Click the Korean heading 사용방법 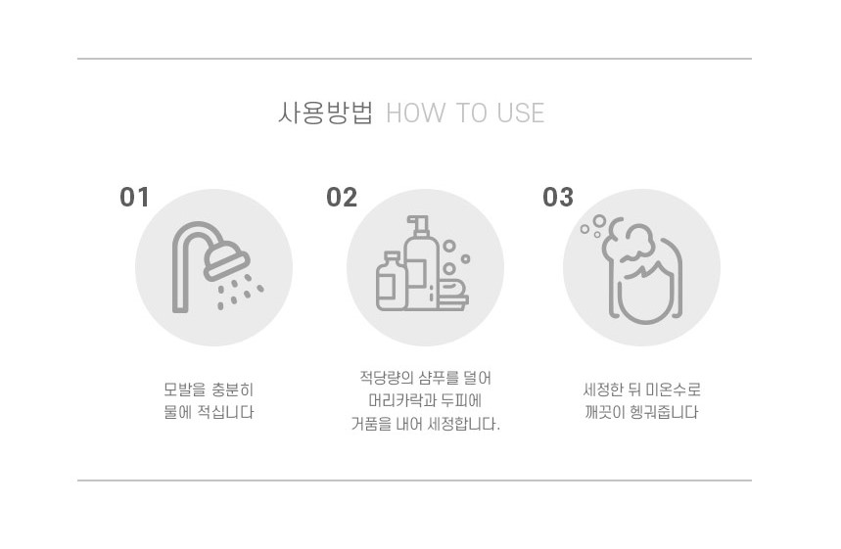(x=325, y=113)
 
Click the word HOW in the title (x=416, y=114)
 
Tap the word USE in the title (x=520, y=114)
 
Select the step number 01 (x=134, y=198)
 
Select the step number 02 (x=342, y=198)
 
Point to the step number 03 (x=558, y=198)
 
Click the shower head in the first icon (x=226, y=260)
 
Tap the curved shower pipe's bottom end (x=180, y=309)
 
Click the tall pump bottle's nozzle (x=418, y=221)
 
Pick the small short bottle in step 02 (x=392, y=282)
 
